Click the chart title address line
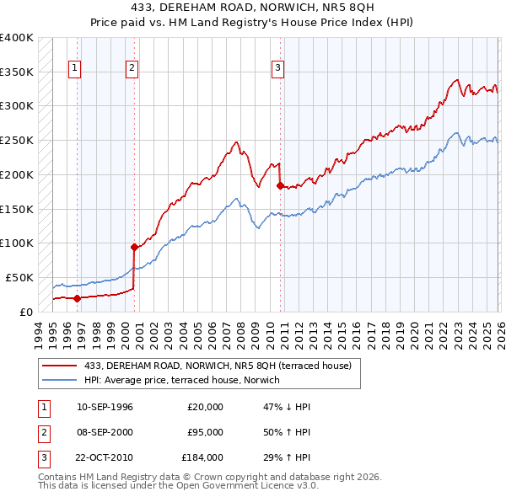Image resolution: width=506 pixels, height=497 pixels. click(252, 8)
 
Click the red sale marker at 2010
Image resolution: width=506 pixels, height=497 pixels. click(279, 185)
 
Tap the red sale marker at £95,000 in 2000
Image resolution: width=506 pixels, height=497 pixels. click(133, 247)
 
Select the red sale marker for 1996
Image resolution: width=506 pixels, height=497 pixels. click(77, 297)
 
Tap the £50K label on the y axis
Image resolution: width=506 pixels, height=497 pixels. click(19, 277)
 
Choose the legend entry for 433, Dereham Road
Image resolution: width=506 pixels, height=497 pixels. click(223, 365)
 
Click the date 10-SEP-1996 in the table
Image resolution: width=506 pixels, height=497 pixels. click(105, 407)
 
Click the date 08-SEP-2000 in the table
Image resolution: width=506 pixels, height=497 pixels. click(105, 433)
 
